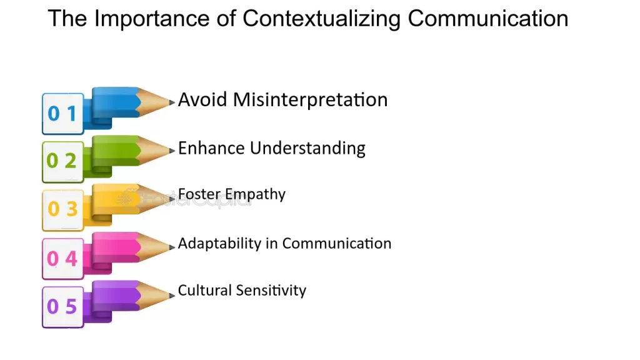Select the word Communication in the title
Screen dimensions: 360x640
point(488,19)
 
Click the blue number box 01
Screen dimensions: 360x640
point(62,114)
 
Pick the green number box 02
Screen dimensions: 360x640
point(62,162)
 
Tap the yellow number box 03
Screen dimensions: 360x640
point(62,210)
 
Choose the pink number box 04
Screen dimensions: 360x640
point(62,258)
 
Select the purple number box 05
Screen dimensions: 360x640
point(62,307)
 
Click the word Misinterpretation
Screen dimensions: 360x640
point(310,100)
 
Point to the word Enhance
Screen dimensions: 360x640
point(211,148)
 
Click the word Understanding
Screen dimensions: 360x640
point(307,149)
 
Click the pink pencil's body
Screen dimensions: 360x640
point(116,246)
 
